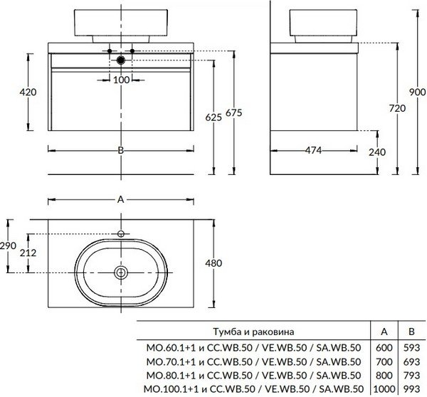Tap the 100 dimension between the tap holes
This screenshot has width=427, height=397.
click(x=121, y=80)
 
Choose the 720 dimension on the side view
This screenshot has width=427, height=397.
click(x=378, y=108)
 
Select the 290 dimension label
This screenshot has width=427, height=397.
click(x=7, y=245)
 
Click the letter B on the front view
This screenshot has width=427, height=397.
click(x=121, y=150)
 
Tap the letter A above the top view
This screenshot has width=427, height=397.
click(x=121, y=201)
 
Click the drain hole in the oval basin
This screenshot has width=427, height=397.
click(x=121, y=272)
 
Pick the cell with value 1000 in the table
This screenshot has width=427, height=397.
click(x=384, y=388)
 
